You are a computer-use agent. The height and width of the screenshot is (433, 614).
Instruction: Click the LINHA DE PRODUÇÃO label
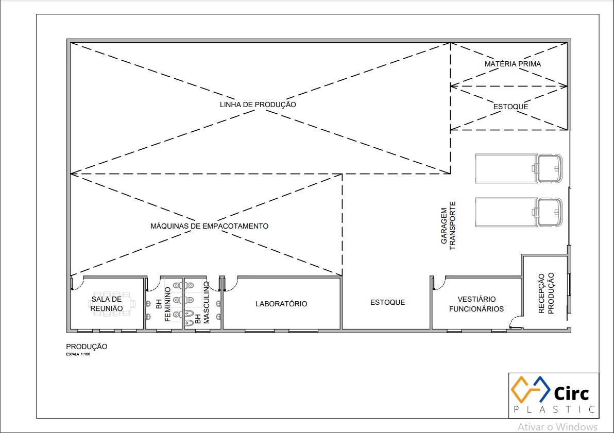click(x=258, y=105)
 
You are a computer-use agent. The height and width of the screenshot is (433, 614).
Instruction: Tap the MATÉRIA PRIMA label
click(x=513, y=64)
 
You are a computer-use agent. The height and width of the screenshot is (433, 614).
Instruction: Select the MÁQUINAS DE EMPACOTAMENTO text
click(x=210, y=226)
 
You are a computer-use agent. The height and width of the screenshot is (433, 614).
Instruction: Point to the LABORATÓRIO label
click(x=281, y=304)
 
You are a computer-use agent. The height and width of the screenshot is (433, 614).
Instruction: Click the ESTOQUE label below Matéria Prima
click(x=510, y=107)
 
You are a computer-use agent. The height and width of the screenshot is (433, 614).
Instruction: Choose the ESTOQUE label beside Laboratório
click(x=388, y=302)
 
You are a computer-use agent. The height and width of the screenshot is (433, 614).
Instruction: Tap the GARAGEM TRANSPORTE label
click(x=448, y=226)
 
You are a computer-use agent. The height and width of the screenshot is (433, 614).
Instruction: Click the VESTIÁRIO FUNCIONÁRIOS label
click(x=476, y=304)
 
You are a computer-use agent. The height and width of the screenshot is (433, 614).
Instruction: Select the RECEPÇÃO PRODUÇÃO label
click(x=546, y=293)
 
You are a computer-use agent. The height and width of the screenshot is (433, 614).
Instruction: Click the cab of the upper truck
click(x=550, y=168)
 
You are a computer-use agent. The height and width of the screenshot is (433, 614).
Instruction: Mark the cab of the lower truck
click(x=550, y=212)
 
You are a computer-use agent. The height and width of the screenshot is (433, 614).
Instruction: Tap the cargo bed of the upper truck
click(x=506, y=168)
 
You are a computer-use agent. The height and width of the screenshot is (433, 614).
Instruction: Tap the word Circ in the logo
click(x=571, y=393)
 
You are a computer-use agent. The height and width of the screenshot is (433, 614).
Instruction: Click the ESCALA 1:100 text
click(x=78, y=354)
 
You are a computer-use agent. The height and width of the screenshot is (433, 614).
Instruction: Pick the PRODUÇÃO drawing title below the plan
click(x=87, y=347)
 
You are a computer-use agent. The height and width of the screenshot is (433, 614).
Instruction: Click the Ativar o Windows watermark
click(x=558, y=427)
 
